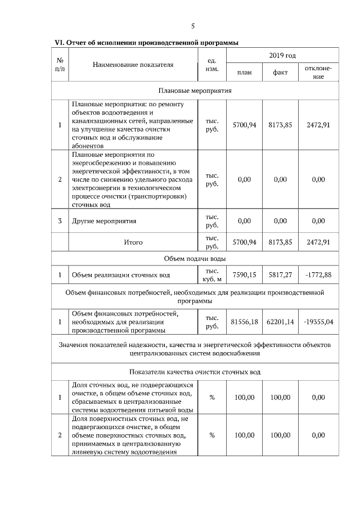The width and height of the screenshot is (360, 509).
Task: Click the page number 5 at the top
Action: (193, 26)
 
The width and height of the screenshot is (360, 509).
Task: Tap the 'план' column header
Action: (245, 73)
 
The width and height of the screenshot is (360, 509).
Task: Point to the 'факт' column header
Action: (280, 73)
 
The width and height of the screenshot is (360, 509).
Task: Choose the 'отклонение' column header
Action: (318, 73)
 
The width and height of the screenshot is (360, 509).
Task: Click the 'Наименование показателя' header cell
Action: (133, 65)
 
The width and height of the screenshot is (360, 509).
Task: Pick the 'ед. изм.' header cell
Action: (213, 65)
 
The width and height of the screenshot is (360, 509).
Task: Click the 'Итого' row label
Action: (133, 242)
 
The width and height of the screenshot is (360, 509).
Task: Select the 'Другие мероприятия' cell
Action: (104, 221)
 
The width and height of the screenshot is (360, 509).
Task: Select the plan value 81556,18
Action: (245, 322)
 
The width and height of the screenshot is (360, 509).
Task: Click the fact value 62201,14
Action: (280, 322)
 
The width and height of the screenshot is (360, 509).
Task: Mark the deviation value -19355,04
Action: (318, 322)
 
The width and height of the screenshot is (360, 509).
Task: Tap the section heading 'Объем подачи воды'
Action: (195, 258)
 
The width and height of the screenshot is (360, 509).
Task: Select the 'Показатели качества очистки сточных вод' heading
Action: (195, 372)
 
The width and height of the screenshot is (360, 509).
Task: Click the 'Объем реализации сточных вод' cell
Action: (120, 275)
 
